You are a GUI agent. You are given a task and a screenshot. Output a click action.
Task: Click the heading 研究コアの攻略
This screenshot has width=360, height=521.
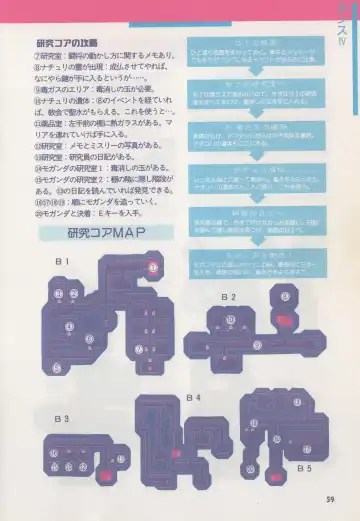click(x=67, y=44)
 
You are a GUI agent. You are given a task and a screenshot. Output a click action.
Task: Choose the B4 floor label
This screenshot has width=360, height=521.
click(x=192, y=397)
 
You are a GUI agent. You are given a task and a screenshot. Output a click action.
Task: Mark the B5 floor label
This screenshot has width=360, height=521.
click(x=304, y=467)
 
